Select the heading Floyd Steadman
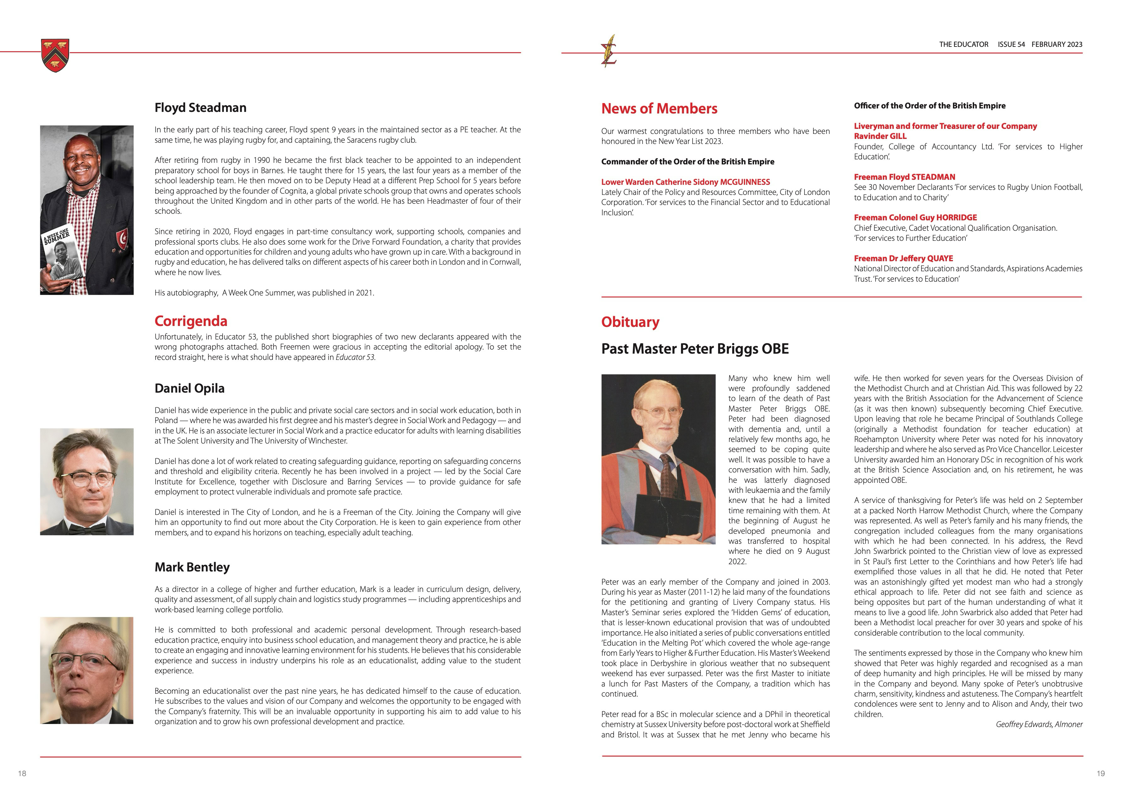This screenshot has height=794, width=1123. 201,108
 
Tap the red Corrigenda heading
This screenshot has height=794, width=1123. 191,321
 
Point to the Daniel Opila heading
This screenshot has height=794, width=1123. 189,388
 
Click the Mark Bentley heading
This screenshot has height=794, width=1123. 192,567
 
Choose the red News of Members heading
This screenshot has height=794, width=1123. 659,108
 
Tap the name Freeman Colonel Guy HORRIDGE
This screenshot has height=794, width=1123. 915,218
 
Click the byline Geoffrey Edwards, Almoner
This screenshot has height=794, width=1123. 1039,725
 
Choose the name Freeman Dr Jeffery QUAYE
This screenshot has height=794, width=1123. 903,258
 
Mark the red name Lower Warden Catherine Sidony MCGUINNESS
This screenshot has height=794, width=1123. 685,182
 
